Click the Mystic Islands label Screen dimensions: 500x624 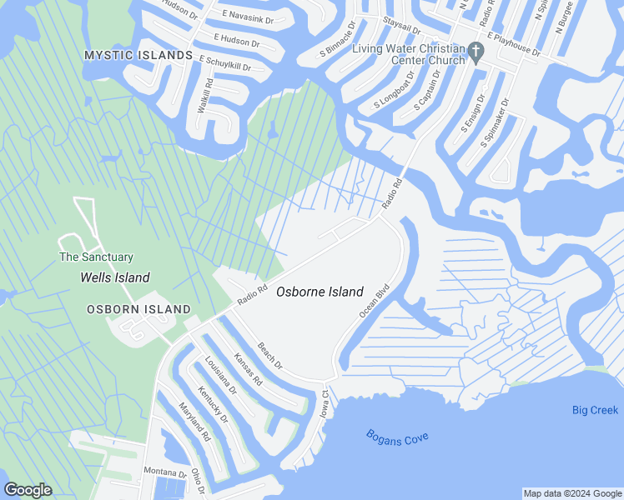pyautogui.click(x=138, y=55)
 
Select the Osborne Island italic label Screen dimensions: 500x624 pyautogui.click(x=320, y=292)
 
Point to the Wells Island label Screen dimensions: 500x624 pyautogui.click(x=114, y=277)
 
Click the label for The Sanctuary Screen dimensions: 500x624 pyautogui.click(x=96, y=257)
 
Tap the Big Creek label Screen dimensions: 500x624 pyautogui.click(x=595, y=410)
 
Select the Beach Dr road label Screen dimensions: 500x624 pyautogui.click(x=270, y=356)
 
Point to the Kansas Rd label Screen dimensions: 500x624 pyautogui.click(x=248, y=367)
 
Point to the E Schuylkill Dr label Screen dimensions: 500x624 pyautogui.click(x=225, y=63)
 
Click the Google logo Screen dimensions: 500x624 pyautogui.click(x=28, y=490)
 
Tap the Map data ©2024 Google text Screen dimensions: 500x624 pyautogui.click(x=572, y=493)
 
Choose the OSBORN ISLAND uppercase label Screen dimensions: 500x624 pyautogui.click(x=138, y=309)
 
